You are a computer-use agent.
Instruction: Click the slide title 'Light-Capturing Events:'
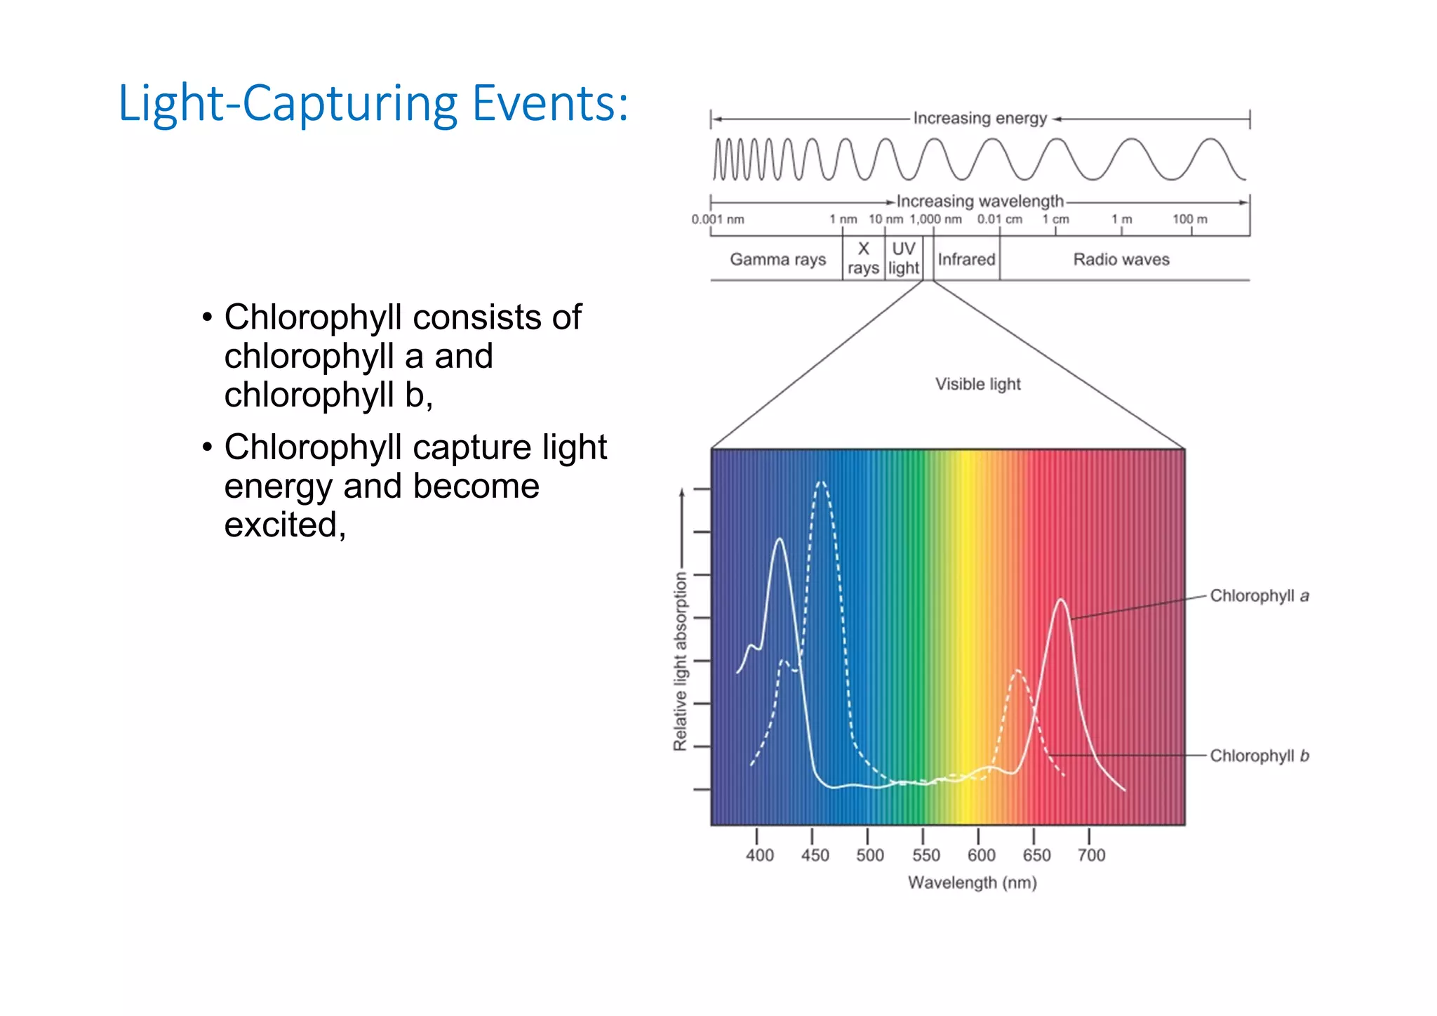click(373, 104)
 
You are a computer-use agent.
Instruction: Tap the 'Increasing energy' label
click(980, 118)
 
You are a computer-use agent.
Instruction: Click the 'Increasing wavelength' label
click(980, 202)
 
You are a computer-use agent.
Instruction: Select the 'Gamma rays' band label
click(777, 259)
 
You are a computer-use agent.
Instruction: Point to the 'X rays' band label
click(863, 258)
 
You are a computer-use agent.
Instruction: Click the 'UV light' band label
click(903, 258)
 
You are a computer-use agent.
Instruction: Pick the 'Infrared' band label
click(966, 259)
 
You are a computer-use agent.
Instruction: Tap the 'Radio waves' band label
click(1121, 259)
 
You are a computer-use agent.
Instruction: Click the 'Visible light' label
click(977, 384)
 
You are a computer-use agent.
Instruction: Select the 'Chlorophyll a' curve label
click(1259, 596)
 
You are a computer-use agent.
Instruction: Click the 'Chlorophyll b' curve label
click(1259, 756)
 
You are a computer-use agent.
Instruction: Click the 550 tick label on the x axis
click(925, 855)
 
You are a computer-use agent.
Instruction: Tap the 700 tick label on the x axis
click(1091, 855)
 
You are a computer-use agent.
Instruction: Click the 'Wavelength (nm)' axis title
click(972, 883)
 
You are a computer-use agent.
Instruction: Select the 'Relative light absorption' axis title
click(680, 661)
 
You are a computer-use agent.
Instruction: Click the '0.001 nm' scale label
click(717, 219)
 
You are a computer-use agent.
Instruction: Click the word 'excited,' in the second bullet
click(285, 525)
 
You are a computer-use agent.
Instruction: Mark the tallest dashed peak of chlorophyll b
click(821, 482)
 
